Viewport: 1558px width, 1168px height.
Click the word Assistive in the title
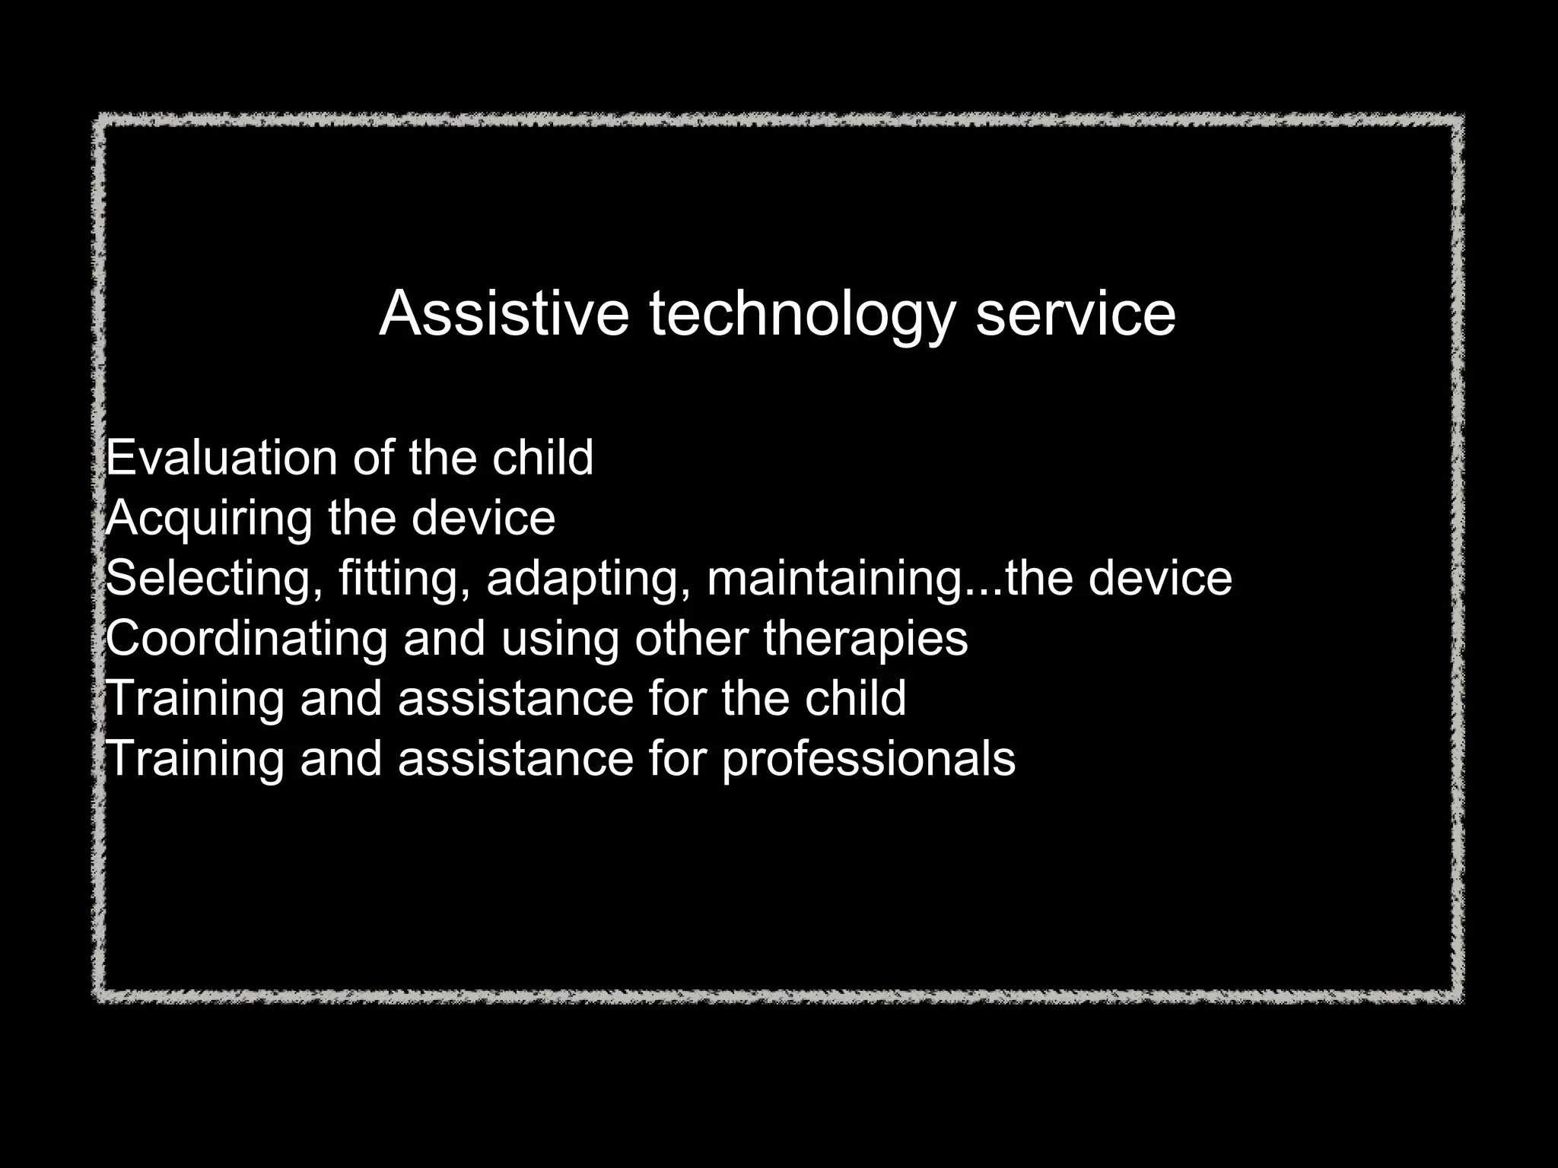[x=504, y=313]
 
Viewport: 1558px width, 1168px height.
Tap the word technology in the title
[x=801, y=315]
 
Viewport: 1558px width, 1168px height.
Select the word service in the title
[x=1075, y=313]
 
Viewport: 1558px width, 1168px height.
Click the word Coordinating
[x=246, y=638]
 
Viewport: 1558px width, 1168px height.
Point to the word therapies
[x=866, y=640]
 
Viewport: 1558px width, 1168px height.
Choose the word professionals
[x=868, y=759]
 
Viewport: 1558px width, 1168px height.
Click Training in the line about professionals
[x=194, y=759]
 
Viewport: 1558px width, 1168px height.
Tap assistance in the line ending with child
[x=515, y=698]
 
